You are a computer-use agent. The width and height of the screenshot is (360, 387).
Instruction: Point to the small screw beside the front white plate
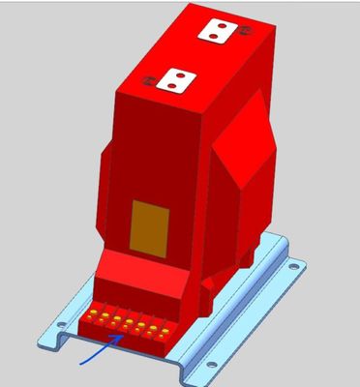click(x=147, y=81)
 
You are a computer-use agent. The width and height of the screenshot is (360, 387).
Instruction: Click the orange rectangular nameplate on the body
click(x=149, y=224)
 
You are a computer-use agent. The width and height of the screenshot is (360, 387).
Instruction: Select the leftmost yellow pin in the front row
click(x=95, y=313)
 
